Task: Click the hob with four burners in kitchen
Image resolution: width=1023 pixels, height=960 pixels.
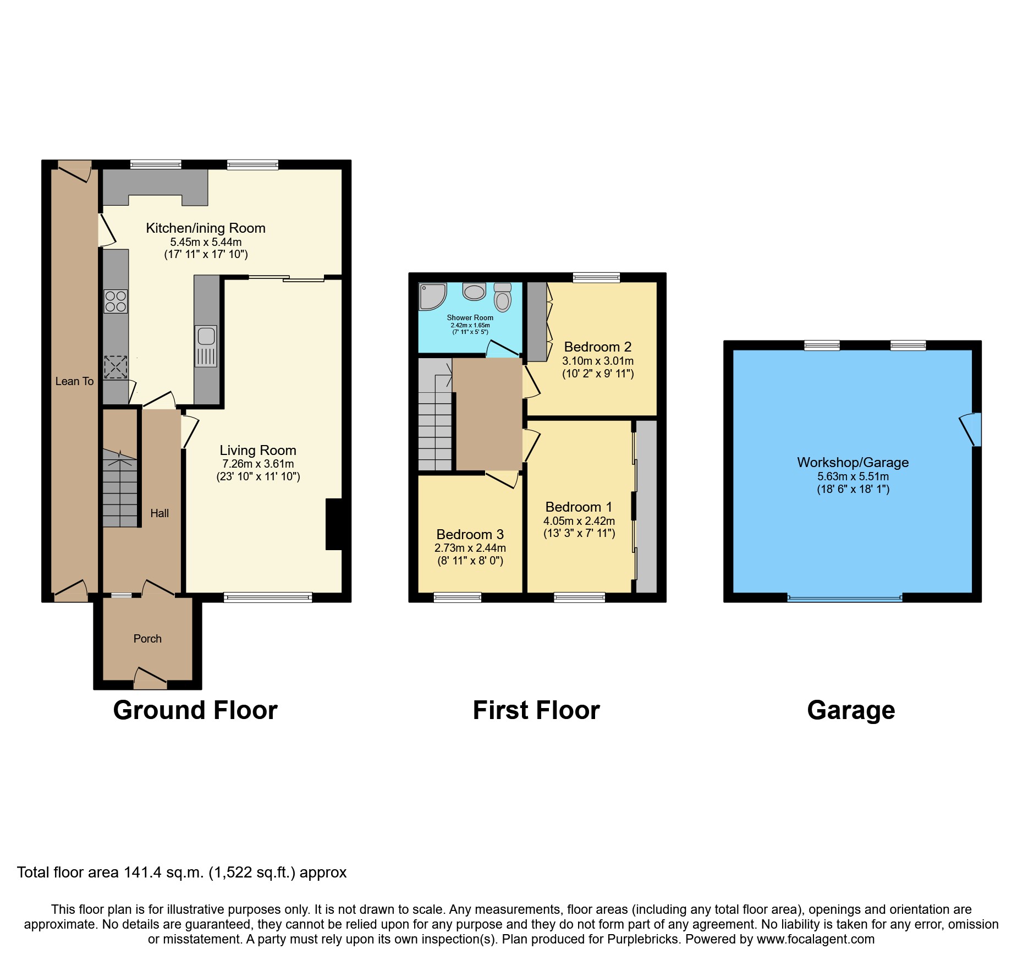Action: click(116, 301)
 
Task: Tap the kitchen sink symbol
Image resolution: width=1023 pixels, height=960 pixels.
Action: click(206, 346)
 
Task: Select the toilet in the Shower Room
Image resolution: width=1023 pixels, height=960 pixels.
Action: click(502, 298)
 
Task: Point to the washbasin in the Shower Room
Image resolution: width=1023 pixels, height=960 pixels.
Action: click(474, 291)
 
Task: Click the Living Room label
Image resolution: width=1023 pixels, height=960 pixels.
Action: click(258, 451)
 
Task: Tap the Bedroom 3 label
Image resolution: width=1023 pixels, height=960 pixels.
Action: click(470, 535)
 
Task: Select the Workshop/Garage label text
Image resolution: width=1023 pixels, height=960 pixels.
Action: click(853, 463)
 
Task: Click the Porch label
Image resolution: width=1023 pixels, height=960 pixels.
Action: click(147, 639)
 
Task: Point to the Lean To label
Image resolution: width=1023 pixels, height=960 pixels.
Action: click(74, 381)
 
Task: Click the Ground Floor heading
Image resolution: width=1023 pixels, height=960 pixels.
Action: click(195, 710)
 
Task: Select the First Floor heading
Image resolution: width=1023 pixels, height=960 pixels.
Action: click(536, 710)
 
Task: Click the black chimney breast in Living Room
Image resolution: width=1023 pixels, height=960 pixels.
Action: click(334, 524)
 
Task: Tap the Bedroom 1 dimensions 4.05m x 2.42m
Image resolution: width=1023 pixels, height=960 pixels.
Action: click(579, 521)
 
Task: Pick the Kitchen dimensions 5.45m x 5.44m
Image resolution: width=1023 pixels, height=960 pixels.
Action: click(206, 242)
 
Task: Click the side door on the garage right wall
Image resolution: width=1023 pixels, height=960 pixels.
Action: click(972, 429)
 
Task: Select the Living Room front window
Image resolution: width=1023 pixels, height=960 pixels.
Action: click(268, 597)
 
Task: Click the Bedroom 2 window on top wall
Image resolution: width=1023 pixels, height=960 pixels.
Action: click(596, 277)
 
